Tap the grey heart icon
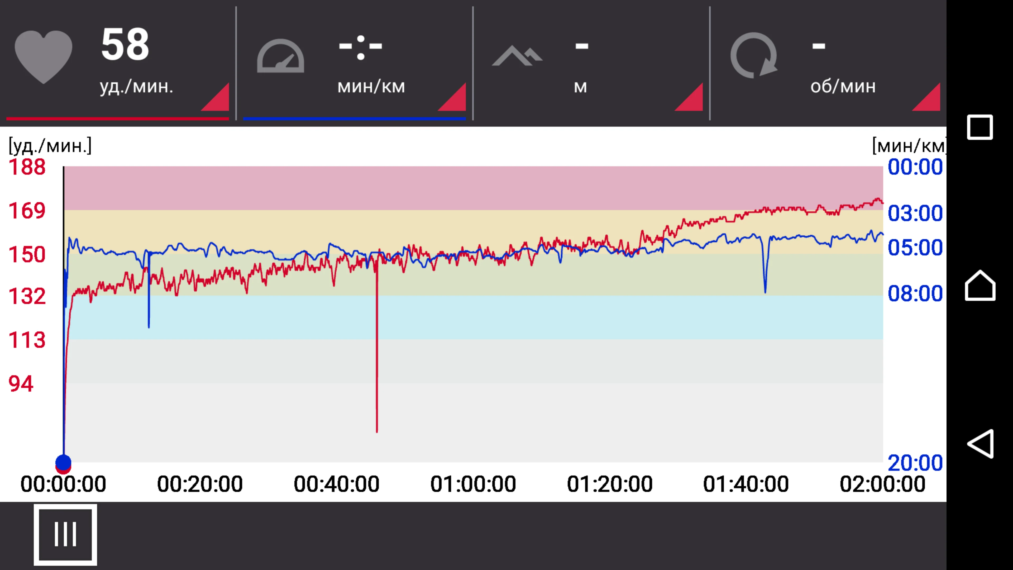(43, 56)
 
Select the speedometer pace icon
(280, 56)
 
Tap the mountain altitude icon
(517, 56)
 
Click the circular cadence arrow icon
(753, 55)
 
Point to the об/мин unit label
(843, 86)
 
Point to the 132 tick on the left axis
(27, 296)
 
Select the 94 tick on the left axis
(21, 383)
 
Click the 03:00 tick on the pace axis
(915, 213)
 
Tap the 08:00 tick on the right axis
(915, 293)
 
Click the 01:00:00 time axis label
(473, 484)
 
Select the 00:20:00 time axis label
(200, 484)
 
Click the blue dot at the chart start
(63, 462)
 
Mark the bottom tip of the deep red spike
(377, 431)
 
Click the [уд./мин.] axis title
(50, 146)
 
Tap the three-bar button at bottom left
(65, 534)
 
